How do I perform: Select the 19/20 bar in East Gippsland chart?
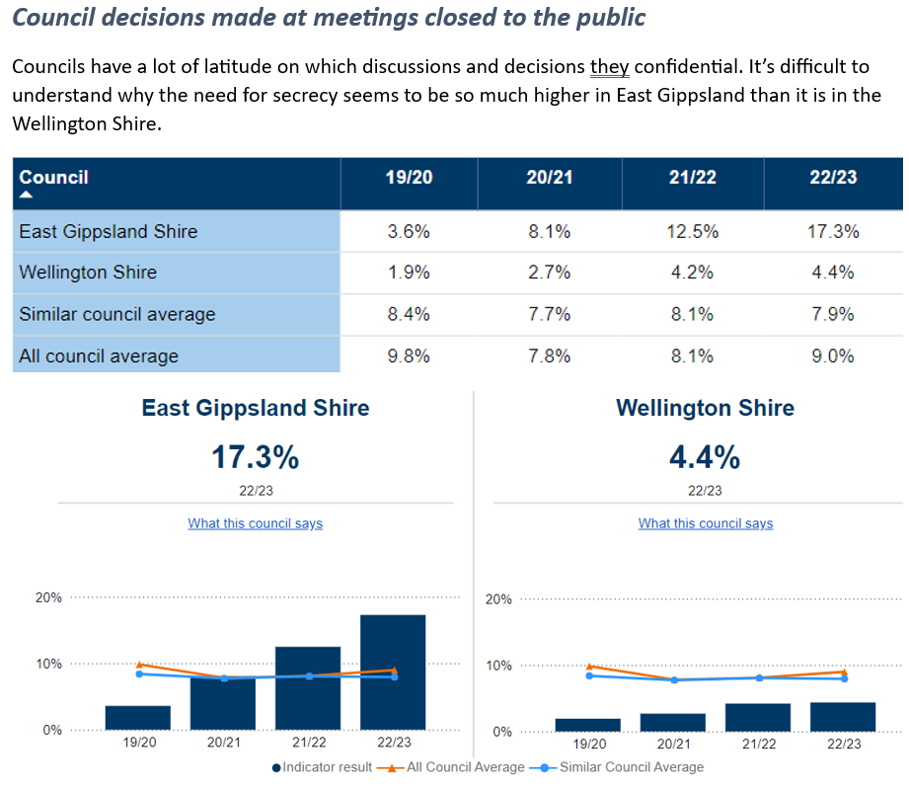pos(138,718)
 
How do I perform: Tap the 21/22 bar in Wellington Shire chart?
pos(758,718)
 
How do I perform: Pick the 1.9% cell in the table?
pos(409,273)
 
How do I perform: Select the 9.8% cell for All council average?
pos(409,355)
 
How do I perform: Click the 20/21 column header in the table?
pos(549,178)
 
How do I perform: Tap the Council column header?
pos(54,178)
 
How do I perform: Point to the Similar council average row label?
pos(116,314)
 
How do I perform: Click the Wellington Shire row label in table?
pos(88,273)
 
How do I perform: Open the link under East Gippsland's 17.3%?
pos(255,523)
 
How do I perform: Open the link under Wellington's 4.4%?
pos(706,523)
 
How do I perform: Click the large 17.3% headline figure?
pos(255,457)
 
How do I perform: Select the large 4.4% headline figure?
pos(706,457)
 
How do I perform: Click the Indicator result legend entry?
pos(323,767)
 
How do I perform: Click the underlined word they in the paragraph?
pos(609,68)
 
